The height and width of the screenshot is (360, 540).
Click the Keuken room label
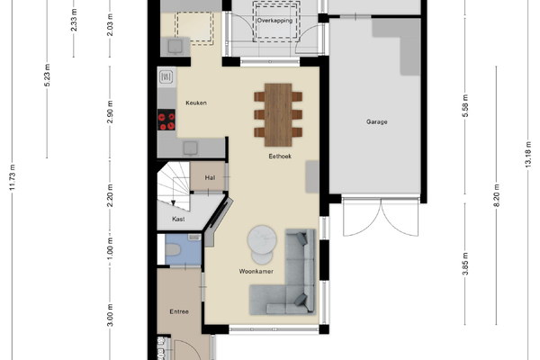point(196,103)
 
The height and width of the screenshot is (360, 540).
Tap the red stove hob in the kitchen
point(166,120)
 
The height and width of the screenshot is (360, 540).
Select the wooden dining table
point(278,114)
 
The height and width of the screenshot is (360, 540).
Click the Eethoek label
point(280,156)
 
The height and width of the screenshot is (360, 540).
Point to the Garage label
point(377,121)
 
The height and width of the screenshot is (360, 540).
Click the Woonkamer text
point(256,271)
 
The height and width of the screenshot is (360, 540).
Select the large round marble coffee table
point(262,239)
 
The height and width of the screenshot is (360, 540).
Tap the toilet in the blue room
point(172,250)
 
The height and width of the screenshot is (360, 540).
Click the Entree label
point(179,311)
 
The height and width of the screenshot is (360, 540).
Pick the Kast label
point(178,219)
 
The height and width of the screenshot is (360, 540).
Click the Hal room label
point(210,178)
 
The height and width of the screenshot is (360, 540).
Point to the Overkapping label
point(274,21)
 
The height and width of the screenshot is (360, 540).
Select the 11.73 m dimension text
point(13,177)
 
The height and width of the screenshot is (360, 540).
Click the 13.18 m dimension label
point(528,155)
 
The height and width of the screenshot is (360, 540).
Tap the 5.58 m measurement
point(465,106)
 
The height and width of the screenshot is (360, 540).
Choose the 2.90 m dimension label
point(110,112)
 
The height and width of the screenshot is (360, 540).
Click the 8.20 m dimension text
point(496,195)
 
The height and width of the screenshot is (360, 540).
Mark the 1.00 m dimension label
point(110,248)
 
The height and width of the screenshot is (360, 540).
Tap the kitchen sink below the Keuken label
point(191,148)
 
